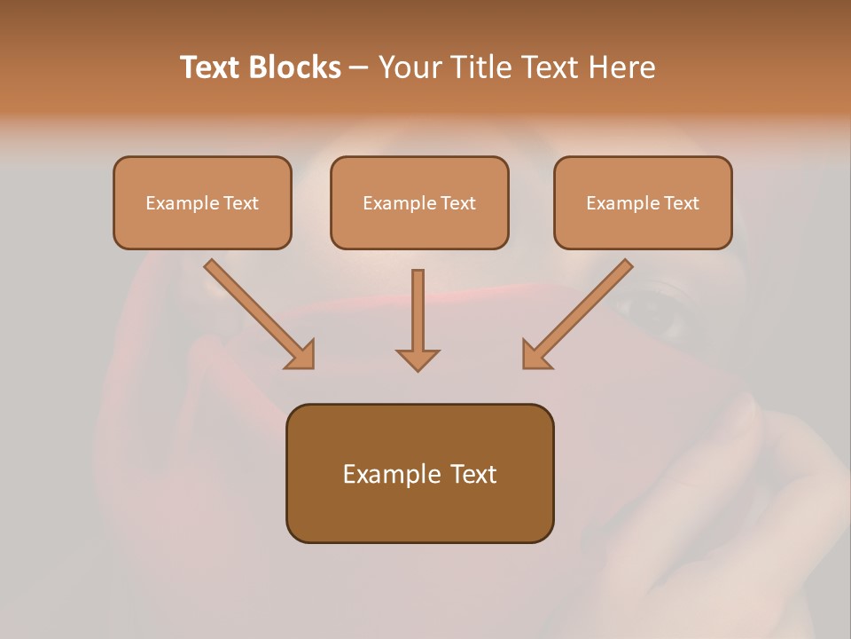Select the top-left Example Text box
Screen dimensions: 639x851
(202, 202)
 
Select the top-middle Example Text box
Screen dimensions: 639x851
(419, 202)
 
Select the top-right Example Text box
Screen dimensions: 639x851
(643, 202)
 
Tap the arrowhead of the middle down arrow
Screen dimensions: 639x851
(418, 359)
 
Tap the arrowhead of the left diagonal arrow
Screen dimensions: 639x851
(301, 355)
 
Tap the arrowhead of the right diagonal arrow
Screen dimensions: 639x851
(535, 355)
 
